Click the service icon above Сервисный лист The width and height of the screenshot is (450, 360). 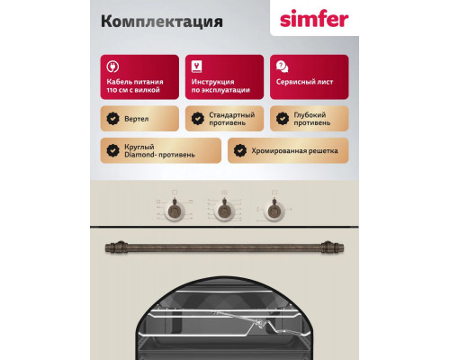(x=281, y=67)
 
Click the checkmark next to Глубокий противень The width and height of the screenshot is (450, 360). (x=281, y=117)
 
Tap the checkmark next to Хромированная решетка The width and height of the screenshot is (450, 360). (x=238, y=149)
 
